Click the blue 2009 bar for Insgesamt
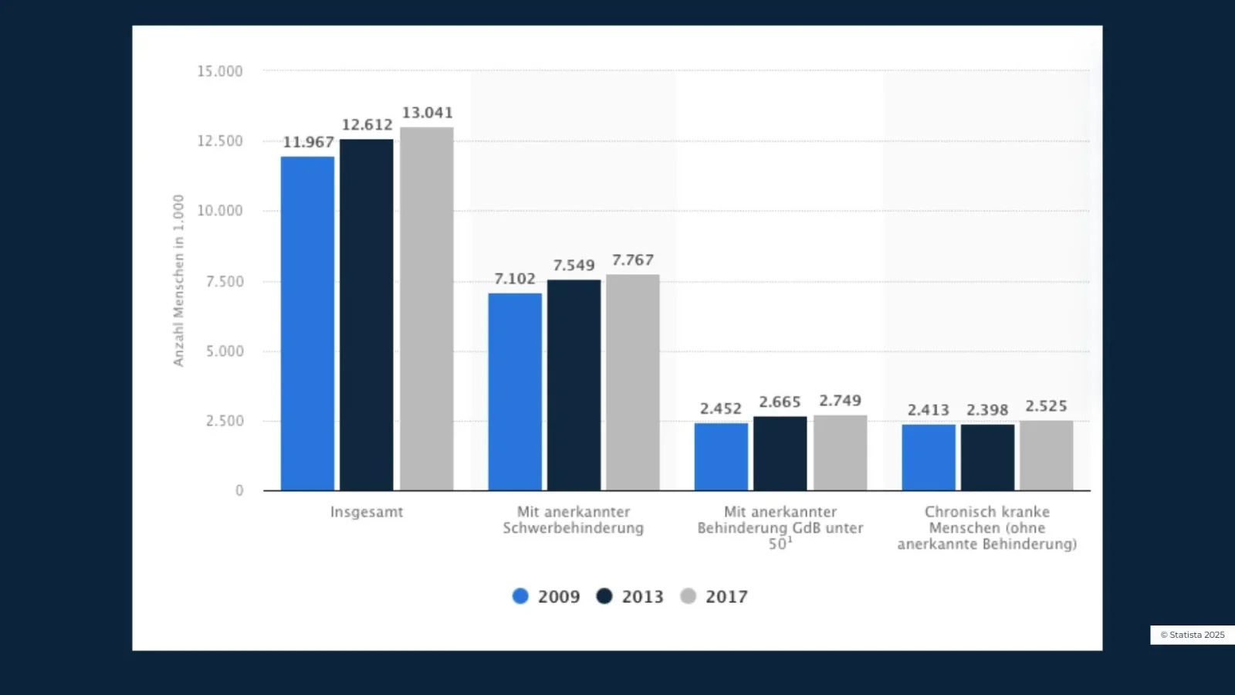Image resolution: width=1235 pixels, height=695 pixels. point(307,324)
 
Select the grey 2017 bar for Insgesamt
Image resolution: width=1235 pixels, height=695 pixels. point(426,309)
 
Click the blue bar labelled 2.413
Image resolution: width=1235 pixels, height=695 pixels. point(928,457)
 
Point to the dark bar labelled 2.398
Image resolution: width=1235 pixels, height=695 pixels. point(987,457)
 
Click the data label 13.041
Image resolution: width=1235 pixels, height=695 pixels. point(427,113)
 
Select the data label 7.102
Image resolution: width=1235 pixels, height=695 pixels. point(514,279)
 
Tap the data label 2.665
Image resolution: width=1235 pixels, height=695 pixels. point(780,402)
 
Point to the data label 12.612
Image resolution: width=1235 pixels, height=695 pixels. point(367,125)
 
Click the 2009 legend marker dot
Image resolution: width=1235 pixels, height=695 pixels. point(520,596)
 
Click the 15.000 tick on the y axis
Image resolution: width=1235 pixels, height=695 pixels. point(220,71)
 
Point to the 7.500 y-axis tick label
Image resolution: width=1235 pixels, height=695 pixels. point(224,282)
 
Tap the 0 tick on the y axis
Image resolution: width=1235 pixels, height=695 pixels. point(239,490)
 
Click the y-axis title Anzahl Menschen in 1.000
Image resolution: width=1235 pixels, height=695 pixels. point(178,280)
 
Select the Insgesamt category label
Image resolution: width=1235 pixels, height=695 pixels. point(367,512)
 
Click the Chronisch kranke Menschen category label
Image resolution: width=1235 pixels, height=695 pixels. point(986,528)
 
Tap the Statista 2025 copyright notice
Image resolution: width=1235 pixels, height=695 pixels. point(1192,635)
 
